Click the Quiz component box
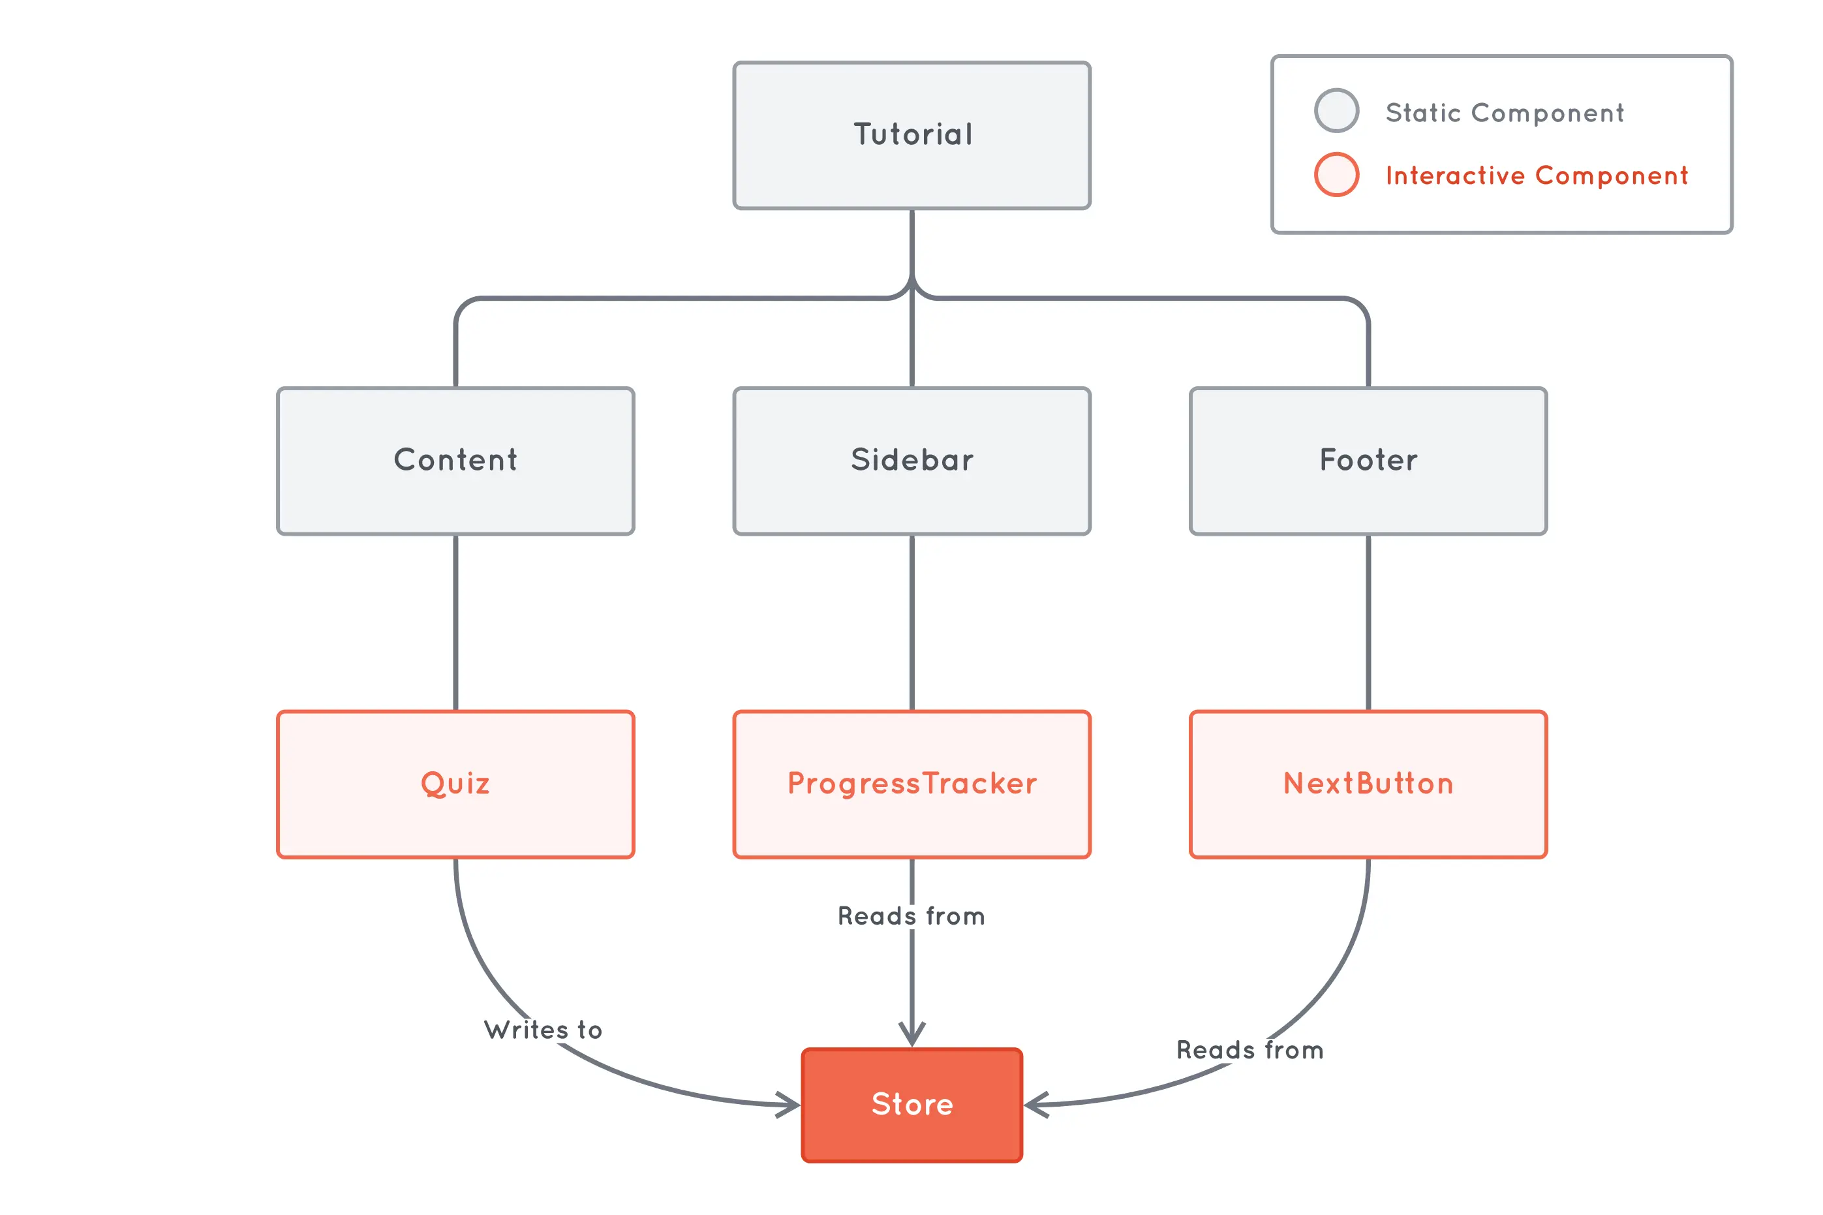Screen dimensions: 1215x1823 pyautogui.click(x=455, y=784)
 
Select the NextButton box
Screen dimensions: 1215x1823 pyautogui.click(x=1368, y=784)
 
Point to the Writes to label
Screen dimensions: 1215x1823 pyautogui.click(x=543, y=1030)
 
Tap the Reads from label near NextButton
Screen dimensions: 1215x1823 pyautogui.click(x=1249, y=1050)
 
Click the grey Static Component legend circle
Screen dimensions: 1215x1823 pyautogui.click(x=1336, y=111)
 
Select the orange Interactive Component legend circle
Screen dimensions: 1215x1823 pyautogui.click(x=1336, y=174)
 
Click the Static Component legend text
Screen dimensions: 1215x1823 pyautogui.click(x=1504, y=113)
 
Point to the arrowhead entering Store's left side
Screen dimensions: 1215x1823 pyautogui.click(x=792, y=1104)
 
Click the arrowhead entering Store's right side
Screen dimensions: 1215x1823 pyautogui.click(x=1034, y=1104)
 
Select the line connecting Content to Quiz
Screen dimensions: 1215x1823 pyautogui.click(x=455, y=623)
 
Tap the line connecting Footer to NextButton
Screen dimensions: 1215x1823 pyautogui.click(x=1368, y=623)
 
